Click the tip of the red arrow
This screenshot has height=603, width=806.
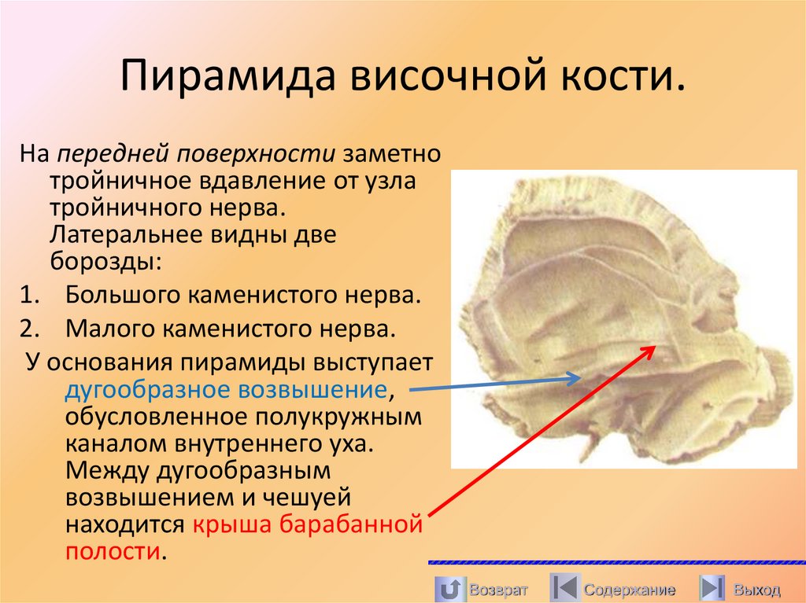[x=653, y=347]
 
